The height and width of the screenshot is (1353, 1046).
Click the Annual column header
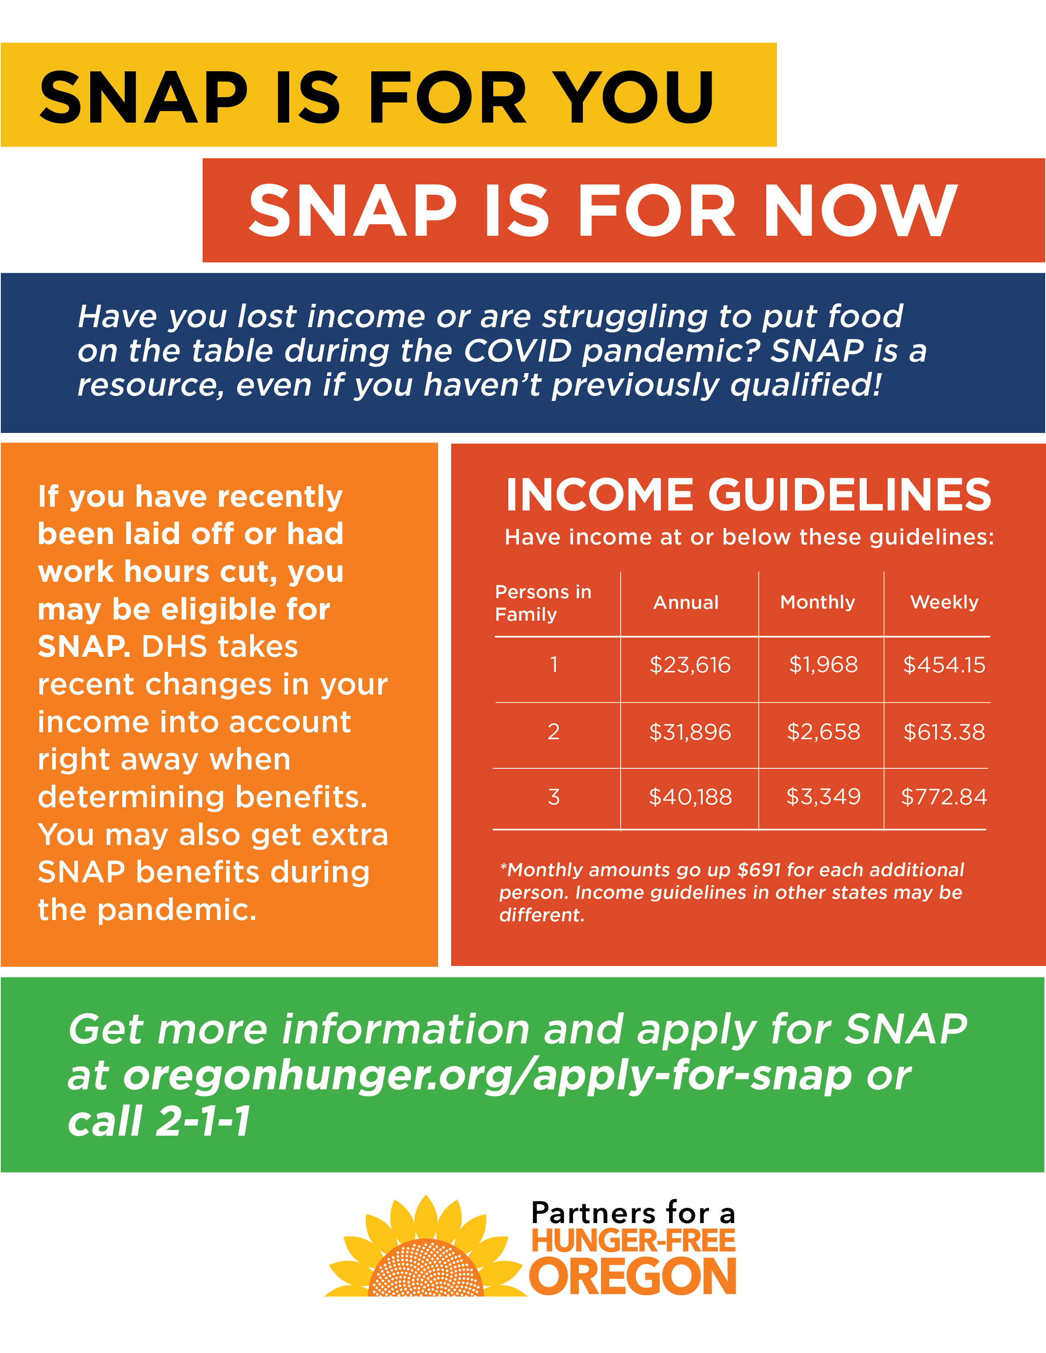[686, 602]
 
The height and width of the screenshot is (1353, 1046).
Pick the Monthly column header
[818, 602]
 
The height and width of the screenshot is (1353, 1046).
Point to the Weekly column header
[944, 602]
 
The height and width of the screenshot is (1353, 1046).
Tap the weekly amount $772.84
[944, 797]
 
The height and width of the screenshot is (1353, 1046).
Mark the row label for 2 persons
[553, 731]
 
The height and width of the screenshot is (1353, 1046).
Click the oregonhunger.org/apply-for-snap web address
[486, 1077]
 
